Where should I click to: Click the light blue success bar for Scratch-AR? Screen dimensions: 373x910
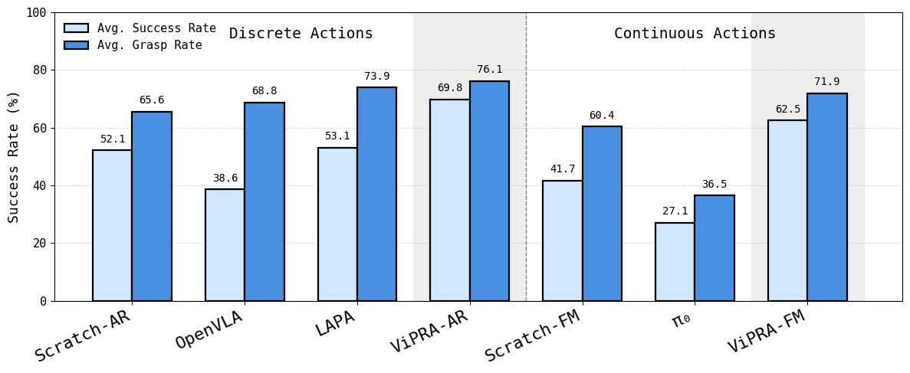(x=112, y=225)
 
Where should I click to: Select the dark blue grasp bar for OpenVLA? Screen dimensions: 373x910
(x=264, y=201)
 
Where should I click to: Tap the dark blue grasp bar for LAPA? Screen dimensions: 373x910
(x=376, y=194)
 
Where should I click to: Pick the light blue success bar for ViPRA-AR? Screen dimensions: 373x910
(x=450, y=200)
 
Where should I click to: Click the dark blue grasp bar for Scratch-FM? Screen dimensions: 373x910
(x=602, y=214)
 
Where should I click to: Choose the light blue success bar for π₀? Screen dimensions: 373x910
(x=675, y=261)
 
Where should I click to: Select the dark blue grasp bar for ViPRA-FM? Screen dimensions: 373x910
(x=826, y=197)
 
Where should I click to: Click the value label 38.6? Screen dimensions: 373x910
(x=225, y=178)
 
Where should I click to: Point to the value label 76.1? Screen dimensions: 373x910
(x=489, y=70)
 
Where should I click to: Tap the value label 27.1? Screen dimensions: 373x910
(x=675, y=211)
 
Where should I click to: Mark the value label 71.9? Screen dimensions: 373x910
(x=826, y=82)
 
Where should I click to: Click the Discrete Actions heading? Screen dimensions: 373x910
(x=301, y=34)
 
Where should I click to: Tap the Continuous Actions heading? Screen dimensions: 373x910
(x=695, y=34)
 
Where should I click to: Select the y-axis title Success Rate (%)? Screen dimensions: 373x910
(x=14, y=156)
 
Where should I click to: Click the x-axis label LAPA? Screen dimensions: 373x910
(x=336, y=323)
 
